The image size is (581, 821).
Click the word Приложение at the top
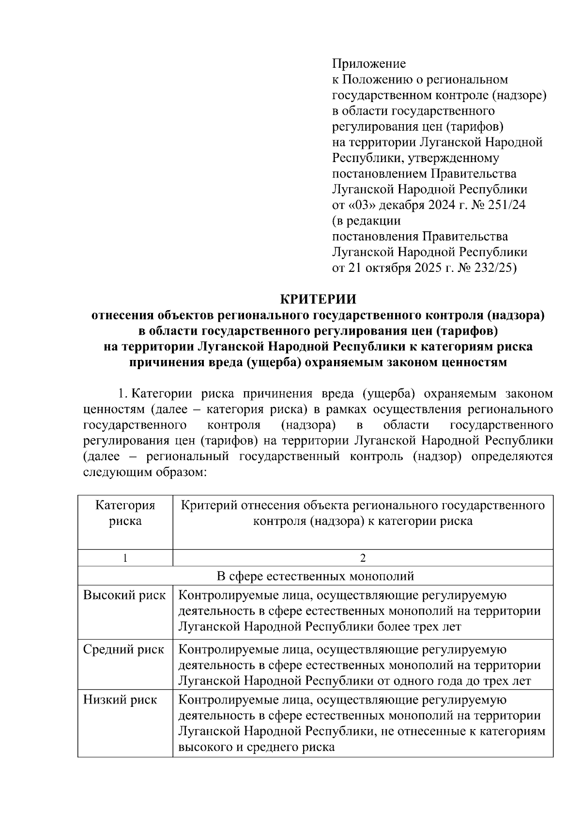point(368,64)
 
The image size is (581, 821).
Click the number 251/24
point(507,205)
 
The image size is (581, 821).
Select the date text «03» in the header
point(362,205)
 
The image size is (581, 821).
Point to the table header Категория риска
point(125,513)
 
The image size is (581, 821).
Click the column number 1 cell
point(125,558)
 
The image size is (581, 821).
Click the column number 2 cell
point(363,558)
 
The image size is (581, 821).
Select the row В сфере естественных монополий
point(315,576)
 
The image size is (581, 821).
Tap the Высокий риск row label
point(124,596)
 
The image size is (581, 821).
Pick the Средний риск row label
point(123,649)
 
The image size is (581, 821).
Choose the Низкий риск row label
point(120,700)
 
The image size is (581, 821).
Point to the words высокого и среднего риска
point(257,746)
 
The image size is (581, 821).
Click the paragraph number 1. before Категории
point(123,394)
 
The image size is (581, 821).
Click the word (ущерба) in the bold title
point(275,362)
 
